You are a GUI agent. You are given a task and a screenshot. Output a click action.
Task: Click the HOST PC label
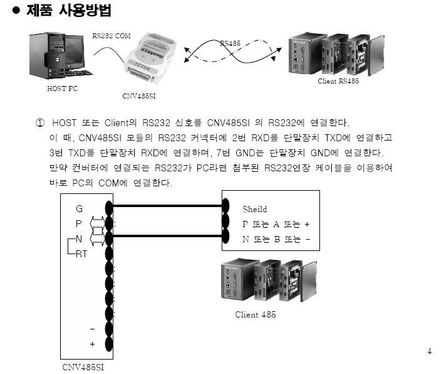[62, 88]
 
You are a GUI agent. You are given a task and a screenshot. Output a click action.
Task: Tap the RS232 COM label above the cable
[111, 36]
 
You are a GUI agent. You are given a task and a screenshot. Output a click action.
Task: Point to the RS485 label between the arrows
[230, 43]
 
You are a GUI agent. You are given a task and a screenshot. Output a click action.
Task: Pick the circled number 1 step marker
[40, 122]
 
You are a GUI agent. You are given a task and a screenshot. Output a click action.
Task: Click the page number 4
[429, 351]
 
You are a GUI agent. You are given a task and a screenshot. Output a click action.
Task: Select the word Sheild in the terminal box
[254, 208]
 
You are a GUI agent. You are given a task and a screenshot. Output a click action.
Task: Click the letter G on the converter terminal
[79, 208]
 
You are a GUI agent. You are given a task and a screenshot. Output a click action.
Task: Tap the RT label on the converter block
[81, 254]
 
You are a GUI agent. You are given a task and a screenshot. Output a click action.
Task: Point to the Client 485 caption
[256, 314]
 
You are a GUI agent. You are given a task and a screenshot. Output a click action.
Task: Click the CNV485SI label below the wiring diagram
[83, 366]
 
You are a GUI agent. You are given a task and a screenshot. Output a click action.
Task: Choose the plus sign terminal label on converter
[92, 344]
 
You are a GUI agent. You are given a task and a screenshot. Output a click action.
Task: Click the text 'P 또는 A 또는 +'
[276, 223]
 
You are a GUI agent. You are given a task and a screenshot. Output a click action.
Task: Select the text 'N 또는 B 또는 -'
[276, 238]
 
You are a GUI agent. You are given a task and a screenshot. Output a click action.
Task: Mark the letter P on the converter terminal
[79, 223]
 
